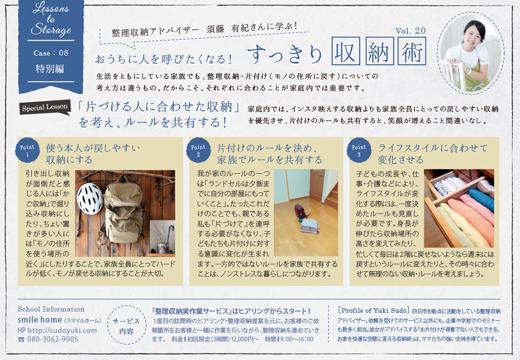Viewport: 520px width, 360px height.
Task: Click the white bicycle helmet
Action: tap(90, 198)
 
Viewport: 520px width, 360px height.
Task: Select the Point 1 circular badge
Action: tap(27, 150)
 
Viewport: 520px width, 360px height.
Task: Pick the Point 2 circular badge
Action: tap(198, 150)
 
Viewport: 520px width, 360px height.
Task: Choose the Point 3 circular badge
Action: tap(359, 150)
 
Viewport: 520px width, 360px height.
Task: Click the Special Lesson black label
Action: tap(45, 108)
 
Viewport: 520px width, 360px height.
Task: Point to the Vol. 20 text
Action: tap(411, 31)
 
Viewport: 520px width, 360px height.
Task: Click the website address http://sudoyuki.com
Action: tap(62, 330)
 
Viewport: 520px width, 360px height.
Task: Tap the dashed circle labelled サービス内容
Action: tap(126, 325)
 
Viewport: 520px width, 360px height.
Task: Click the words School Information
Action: tap(51, 309)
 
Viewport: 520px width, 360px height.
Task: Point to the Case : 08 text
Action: tap(51, 53)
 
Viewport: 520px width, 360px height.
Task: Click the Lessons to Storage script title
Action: tap(51, 19)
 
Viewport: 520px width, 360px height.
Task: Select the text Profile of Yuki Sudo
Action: tap(373, 311)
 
